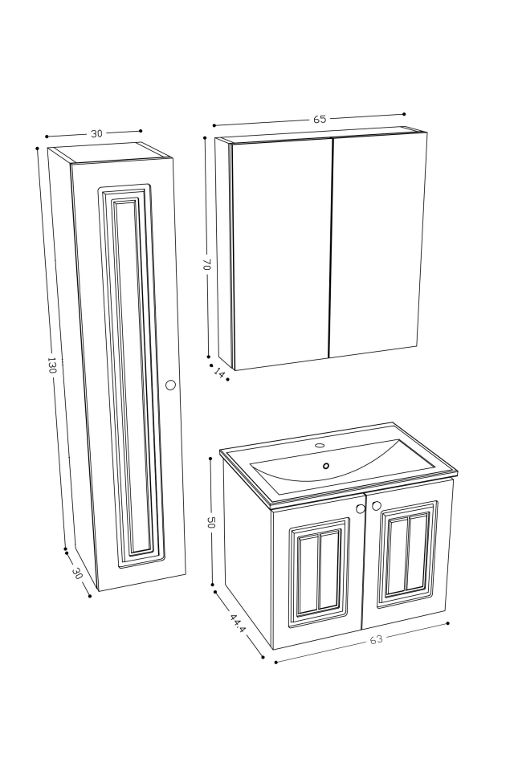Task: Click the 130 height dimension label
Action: tap(51, 365)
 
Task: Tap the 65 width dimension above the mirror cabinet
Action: tap(320, 119)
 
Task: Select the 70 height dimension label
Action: tap(206, 263)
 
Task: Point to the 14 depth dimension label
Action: tap(219, 373)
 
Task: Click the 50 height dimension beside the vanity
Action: tap(211, 522)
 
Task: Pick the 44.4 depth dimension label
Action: tap(237, 624)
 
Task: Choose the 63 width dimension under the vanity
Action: tap(376, 639)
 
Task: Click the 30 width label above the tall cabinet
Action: tap(96, 133)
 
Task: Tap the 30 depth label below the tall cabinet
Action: tap(78, 573)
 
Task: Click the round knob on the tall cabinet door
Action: tap(170, 385)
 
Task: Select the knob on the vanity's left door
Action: tap(361, 508)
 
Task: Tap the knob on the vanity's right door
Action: tap(377, 506)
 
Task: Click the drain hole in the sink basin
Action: tap(326, 466)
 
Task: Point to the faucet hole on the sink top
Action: tap(320, 445)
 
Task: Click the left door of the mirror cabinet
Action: tap(281, 253)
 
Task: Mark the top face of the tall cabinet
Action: tap(108, 153)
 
